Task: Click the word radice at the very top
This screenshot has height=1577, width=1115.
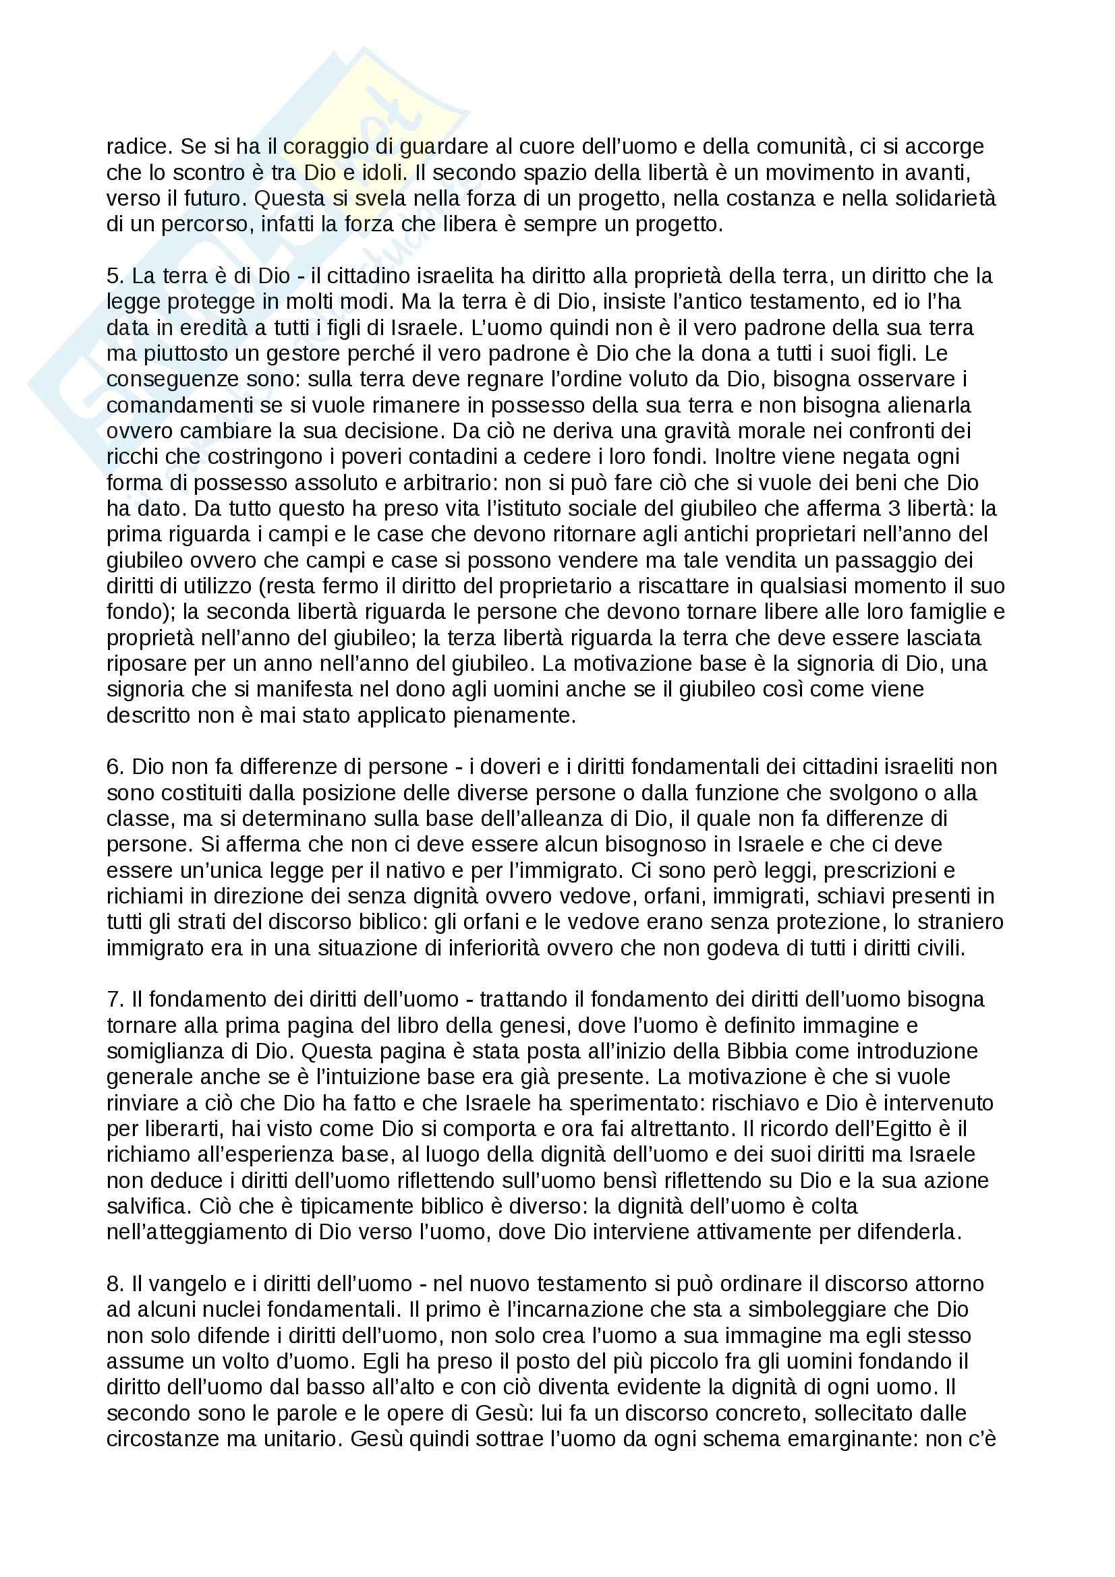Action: [x=137, y=146]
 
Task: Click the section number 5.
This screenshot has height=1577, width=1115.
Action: [x=113, y=276]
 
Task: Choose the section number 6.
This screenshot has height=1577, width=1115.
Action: [x=113, y=767]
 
